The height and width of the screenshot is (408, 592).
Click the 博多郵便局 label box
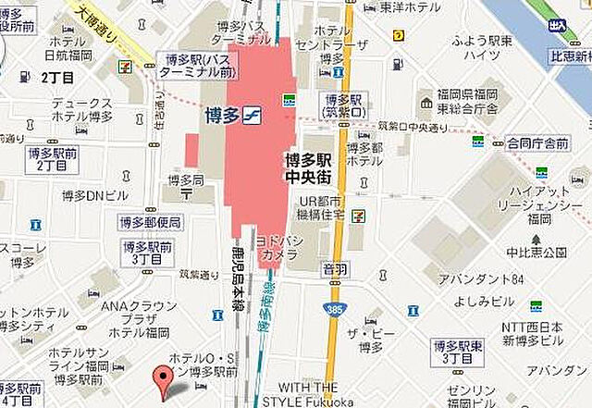click(150, 222)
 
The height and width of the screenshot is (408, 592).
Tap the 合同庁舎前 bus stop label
click(536, 143)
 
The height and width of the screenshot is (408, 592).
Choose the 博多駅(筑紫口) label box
click(341, 105)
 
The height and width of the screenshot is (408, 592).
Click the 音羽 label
click(334, 268)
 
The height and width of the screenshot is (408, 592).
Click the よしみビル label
click(484, 301)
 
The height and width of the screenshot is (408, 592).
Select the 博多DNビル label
click(89, 194)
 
